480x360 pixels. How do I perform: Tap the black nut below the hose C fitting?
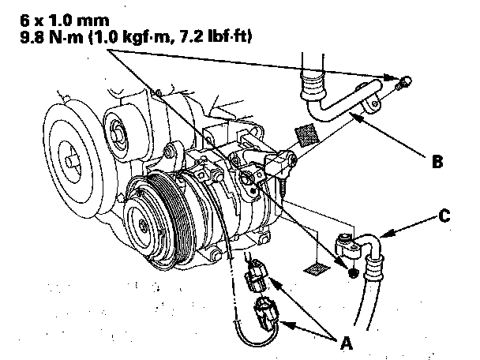353,272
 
